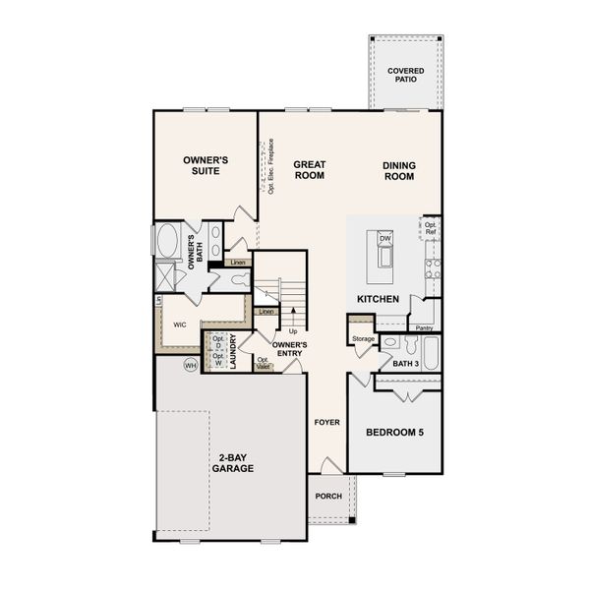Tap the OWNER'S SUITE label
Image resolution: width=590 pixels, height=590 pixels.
tap(206, 165)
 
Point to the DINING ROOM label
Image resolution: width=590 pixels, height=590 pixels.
tap(398, 171)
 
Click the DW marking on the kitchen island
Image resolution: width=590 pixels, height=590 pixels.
tap(384, 238)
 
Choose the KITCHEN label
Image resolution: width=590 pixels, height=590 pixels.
tap(378, 298)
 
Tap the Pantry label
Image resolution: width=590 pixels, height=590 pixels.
tap(425, 327)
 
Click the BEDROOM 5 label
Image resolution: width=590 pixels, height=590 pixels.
tap(393, 432)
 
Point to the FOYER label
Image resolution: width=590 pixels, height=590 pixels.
tap(326, 422)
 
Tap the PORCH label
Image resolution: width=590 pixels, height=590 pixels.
tap(328, 496)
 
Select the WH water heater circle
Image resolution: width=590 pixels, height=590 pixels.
tap(192, 365)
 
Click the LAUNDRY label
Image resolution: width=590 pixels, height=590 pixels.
tap(234, 351)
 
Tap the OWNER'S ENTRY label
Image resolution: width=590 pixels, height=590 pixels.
tap(289, 349)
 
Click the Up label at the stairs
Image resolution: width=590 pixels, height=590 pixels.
tap(293, 331)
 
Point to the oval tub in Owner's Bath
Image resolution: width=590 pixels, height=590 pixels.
tap(166, 241)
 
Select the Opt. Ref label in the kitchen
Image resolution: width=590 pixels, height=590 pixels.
tap(431, 228)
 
